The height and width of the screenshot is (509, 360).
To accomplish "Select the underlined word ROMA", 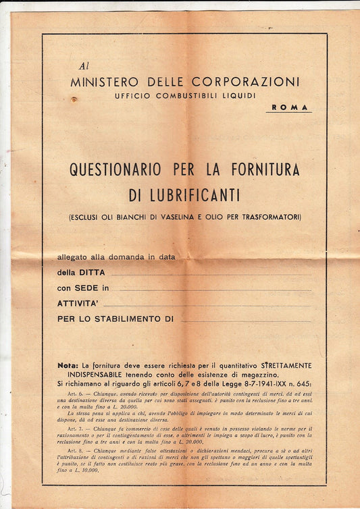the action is [289, 107].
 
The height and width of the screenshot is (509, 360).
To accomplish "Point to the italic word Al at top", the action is [83, 66].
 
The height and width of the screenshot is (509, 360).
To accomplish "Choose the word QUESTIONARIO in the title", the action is [120, 170].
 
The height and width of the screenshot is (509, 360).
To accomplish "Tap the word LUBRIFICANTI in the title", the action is [184, 195].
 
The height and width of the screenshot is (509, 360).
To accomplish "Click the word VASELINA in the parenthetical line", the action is [190, 217].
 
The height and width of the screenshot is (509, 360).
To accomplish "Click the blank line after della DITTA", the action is [211, 275].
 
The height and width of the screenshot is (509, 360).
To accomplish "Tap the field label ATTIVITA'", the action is [78, 303].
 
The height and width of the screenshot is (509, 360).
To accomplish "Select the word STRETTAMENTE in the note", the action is [279, 365].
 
